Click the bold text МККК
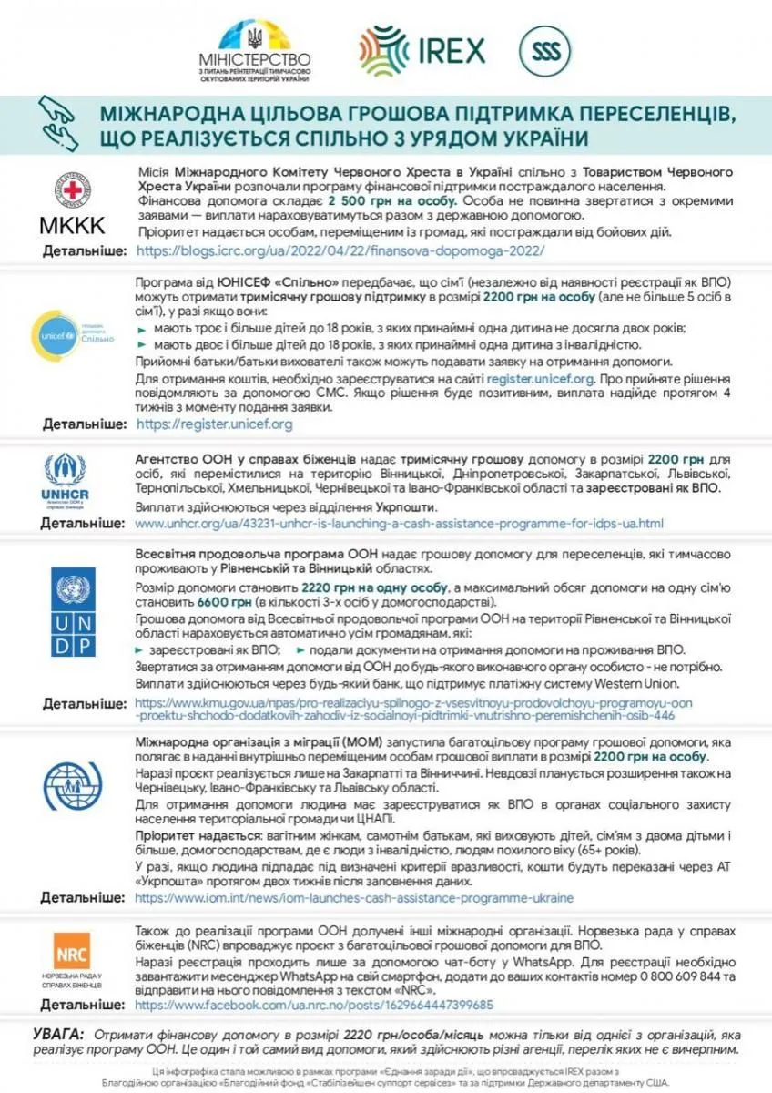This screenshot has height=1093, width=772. (72, 225)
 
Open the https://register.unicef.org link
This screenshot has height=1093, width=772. (214, 424)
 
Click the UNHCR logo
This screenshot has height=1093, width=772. (66, 480)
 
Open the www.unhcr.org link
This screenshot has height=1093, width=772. (399, 524)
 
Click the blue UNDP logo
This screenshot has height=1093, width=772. (73, 611)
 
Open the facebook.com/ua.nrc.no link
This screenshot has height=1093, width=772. (314, 1005)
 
